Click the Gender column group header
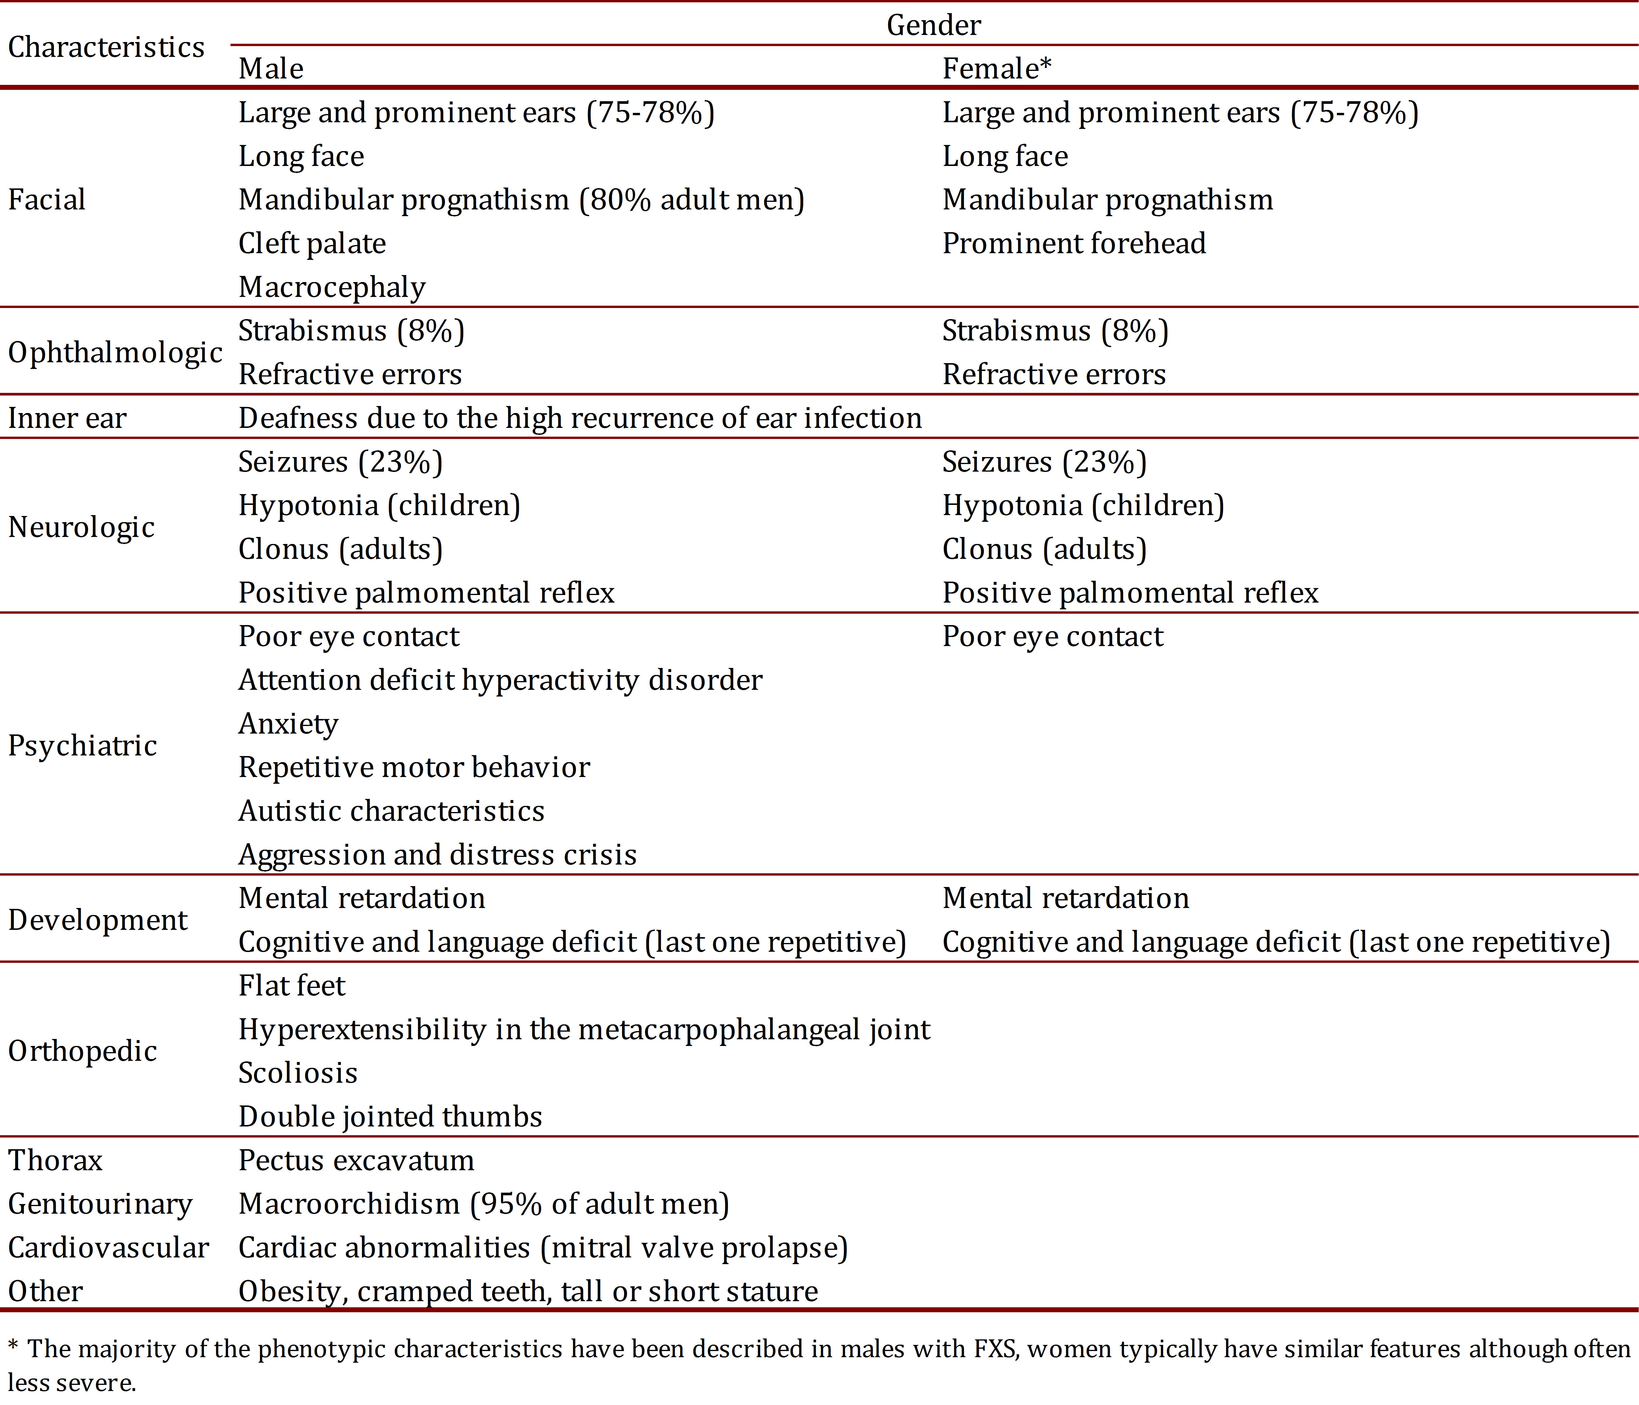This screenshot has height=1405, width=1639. click(x=933, y=25)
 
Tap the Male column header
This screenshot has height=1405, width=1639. click(x=270, y=69)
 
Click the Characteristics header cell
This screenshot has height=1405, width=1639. click(x=106, y=48)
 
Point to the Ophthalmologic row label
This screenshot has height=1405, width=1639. click(x=115, y=353)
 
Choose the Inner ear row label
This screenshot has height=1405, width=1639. click(x=67, y=418)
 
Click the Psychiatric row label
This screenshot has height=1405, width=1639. click(x=82, y=746)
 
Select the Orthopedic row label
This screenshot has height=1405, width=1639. click(x=82, y=1051)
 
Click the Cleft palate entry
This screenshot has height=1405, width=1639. click(x=312, y=244)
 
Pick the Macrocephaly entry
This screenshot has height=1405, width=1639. click(x=331, y=287)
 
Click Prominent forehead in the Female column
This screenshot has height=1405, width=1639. click(x=1074, y=244)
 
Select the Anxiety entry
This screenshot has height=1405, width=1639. click(x=288, y=723)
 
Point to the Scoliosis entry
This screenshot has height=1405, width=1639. click(x=297, y=1073)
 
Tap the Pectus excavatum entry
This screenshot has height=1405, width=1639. click(x=356, y=1160)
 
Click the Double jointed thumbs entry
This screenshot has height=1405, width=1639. click(x=390, y=1117)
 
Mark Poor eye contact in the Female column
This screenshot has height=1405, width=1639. click(x=1052, y=636)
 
